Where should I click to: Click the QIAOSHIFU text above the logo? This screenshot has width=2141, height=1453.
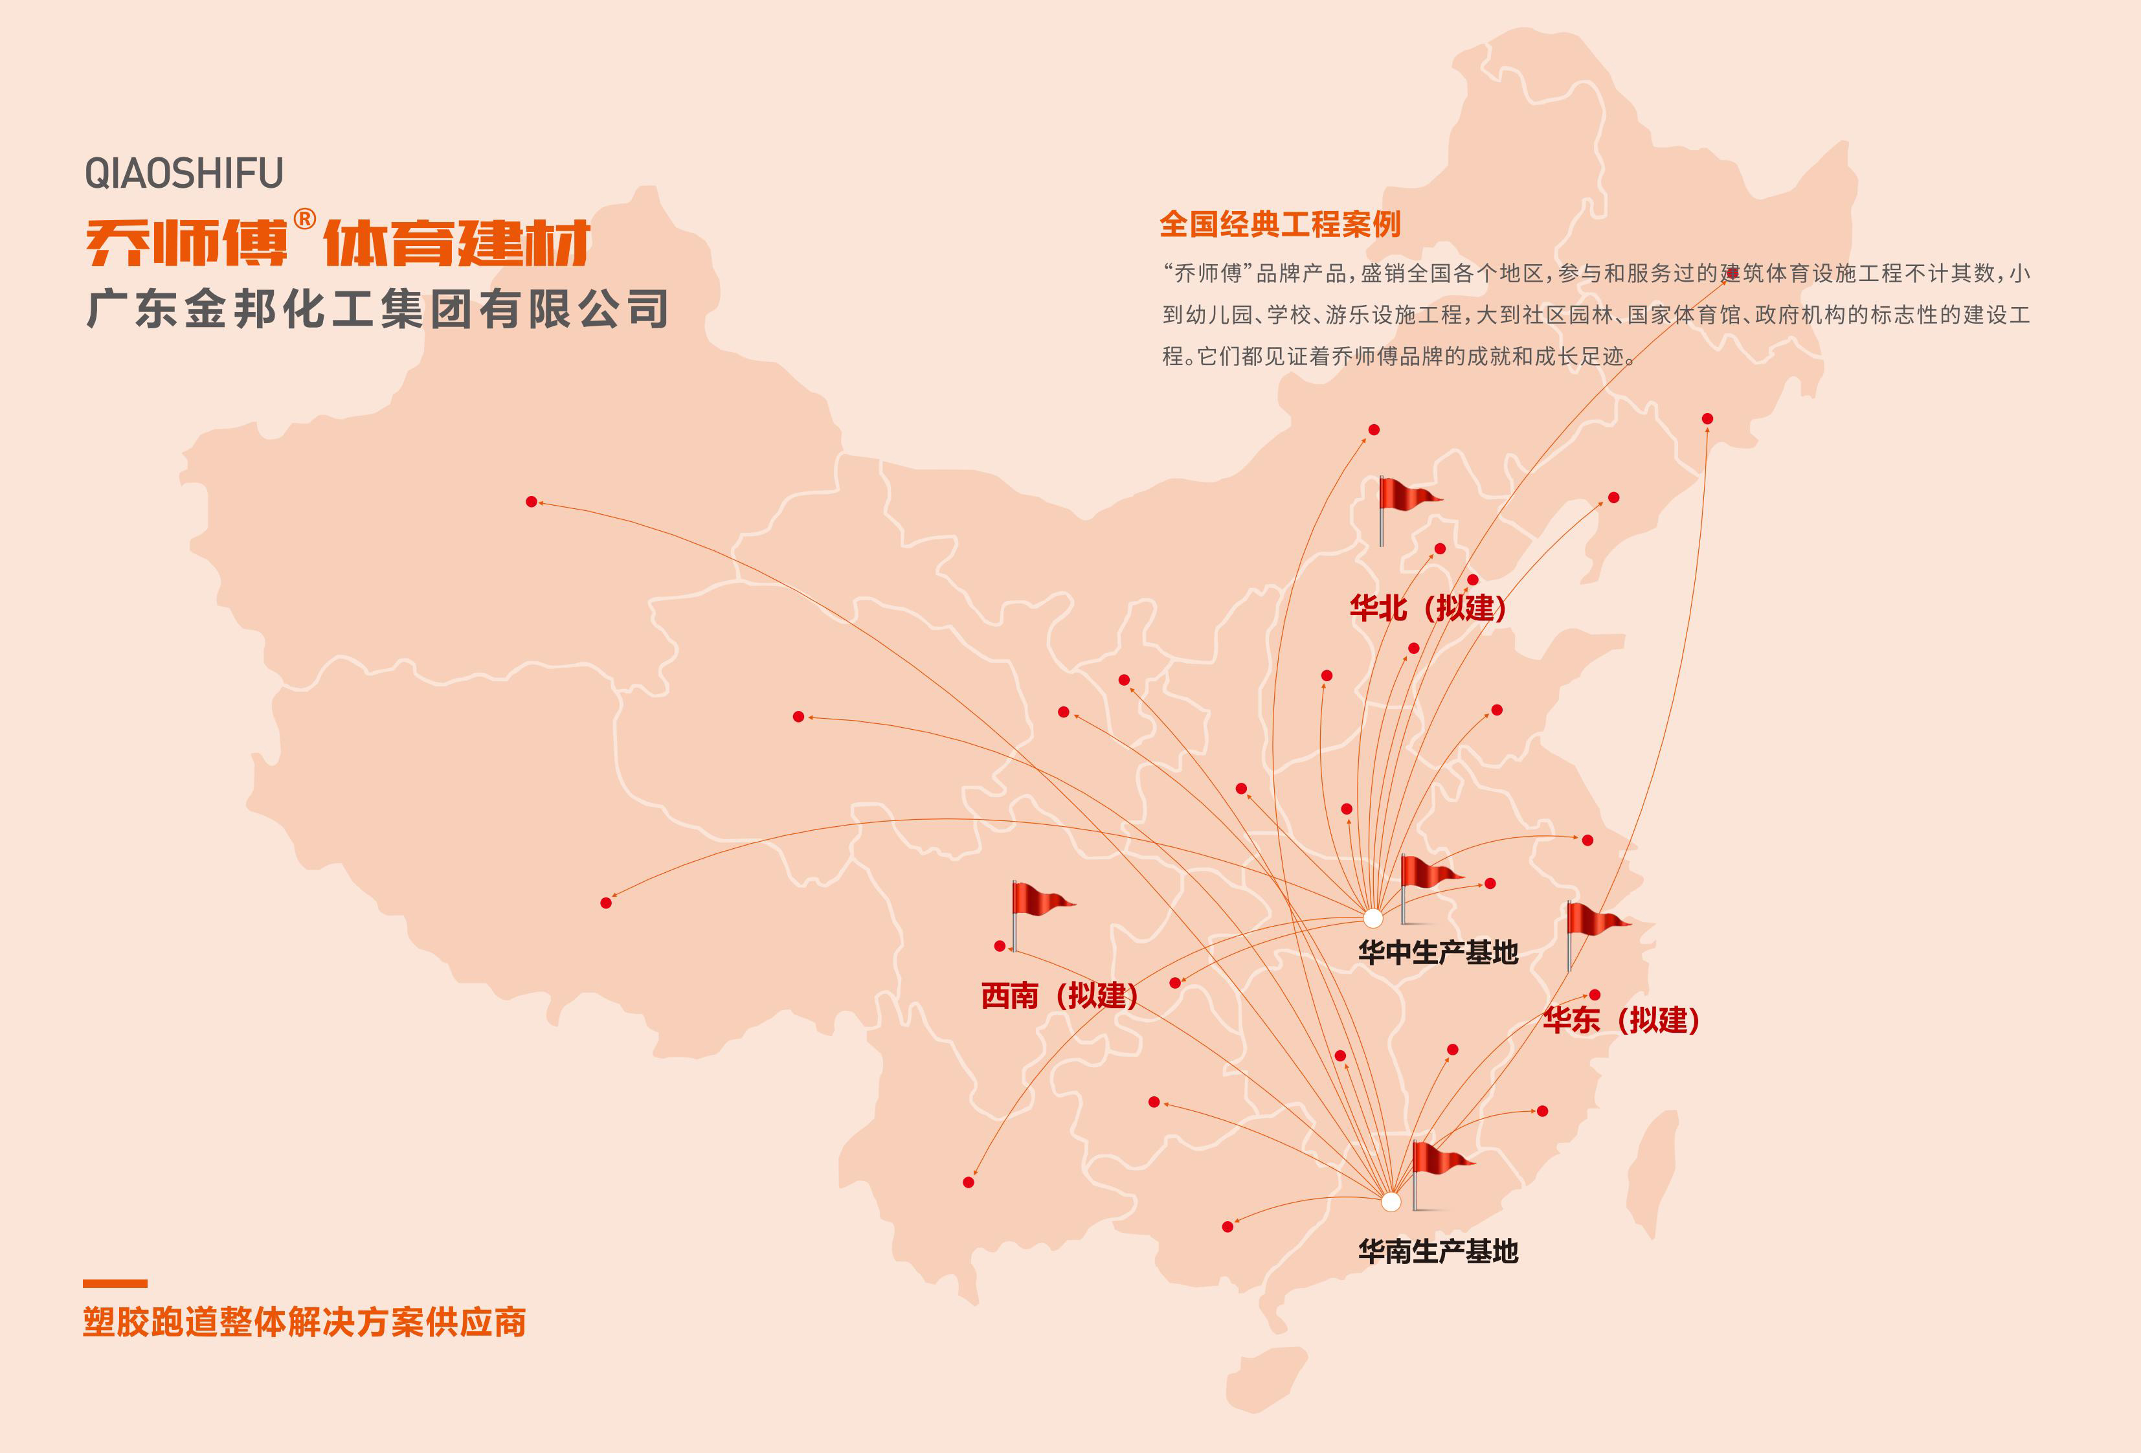(x=185, y=174)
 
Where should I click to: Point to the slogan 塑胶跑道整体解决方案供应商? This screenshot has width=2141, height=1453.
(x=304, y=1322)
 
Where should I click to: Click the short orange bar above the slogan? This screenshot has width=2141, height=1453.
(x=115, y=1283)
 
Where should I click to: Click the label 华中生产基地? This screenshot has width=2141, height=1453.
(x=1438, y=952)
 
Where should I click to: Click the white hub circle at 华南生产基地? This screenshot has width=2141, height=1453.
(x=1391, y=1202)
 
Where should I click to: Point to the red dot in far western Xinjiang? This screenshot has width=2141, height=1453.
(x=532, y=502)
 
